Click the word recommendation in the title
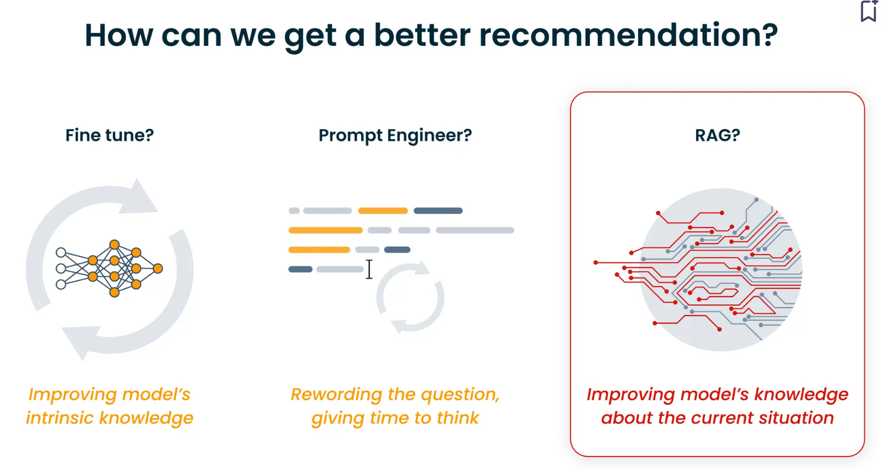coord(628,35)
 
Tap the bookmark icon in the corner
coord(868,11)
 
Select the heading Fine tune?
coord(110,135)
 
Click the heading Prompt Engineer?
coord(395,136)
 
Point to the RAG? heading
coord(717,135)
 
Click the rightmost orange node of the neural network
coord(158,269)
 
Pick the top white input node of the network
coord(60,252)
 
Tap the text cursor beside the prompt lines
coord(369,269)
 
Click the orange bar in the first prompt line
coord(383,210)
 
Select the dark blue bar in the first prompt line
coord(438,210)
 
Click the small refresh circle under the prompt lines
coord(410,297)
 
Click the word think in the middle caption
coord(458,418)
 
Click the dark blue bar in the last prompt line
coord(301,269)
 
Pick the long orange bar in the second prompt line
coord(325,231)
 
